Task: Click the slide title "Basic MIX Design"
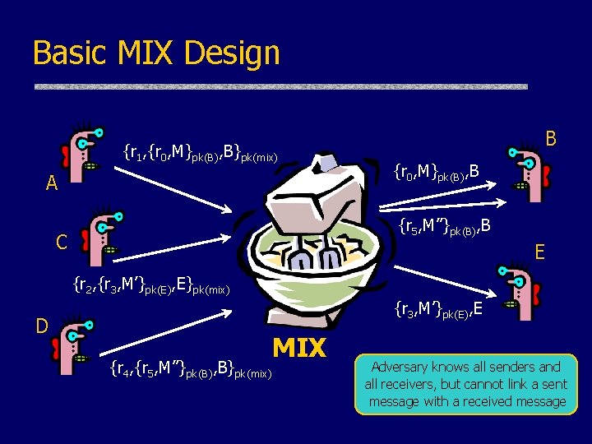[156, 53]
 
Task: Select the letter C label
[61, 242]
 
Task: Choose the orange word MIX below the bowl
[299, 349]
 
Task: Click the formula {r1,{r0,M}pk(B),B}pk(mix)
[201, 152]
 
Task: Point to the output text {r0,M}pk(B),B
[436, 172]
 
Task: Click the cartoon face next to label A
[86, 152]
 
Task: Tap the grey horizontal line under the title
[280, 86]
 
